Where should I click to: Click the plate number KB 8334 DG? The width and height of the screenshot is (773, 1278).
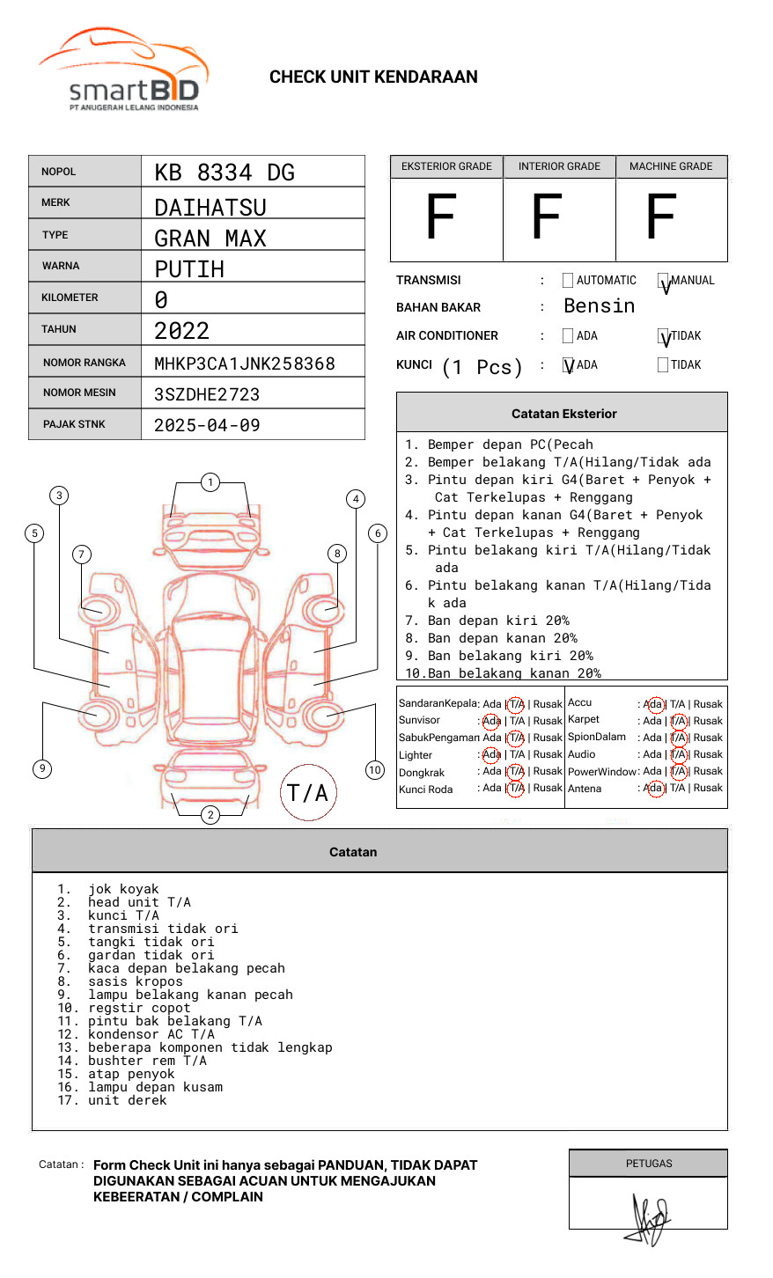click(225, 173)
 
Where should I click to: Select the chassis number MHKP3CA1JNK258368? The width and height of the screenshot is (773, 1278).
click(245, 364)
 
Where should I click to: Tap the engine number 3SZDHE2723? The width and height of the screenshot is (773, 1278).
click(207, 394)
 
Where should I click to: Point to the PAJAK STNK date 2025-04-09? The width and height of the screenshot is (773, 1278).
click(207, 425)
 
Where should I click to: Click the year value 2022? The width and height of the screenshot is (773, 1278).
click(181, 331)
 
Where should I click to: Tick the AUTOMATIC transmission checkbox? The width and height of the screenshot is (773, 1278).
click(567, 281)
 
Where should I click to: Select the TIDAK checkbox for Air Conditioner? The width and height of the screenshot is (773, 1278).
click(663, 336)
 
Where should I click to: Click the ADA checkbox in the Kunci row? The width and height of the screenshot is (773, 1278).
click(568, 365)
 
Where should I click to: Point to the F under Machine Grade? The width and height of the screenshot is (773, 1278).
click(660, 218)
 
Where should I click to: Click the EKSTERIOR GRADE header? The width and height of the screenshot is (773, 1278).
click(446, 166)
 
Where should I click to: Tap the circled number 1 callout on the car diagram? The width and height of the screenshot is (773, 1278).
click(210, 481)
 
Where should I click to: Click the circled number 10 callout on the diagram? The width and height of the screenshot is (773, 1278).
click(375, 770)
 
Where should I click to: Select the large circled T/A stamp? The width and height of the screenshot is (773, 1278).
click(308, 792)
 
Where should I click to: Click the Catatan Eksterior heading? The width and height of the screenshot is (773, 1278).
click(563, 414)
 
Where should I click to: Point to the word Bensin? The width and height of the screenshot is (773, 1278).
click(599, 306)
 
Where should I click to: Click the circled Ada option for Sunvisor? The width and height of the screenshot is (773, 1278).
click(491, 721)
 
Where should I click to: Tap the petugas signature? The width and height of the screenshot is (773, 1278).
click(650, 1219)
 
